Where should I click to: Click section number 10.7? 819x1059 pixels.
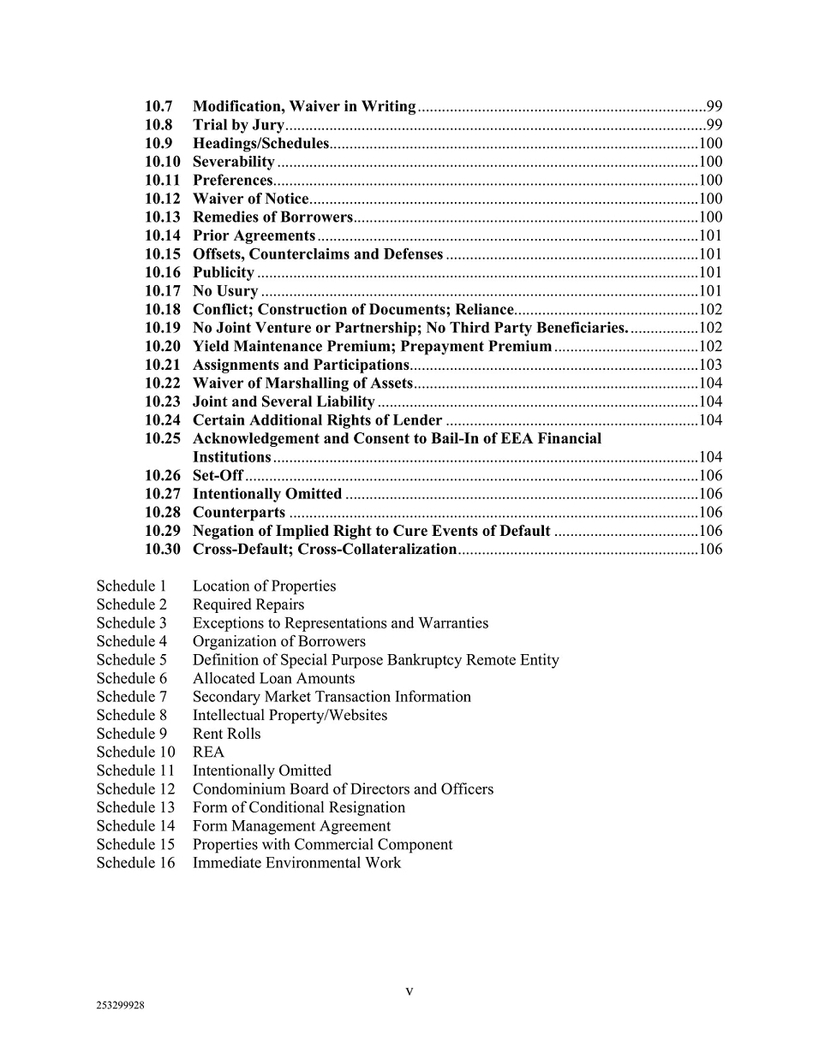(x=158, y=106)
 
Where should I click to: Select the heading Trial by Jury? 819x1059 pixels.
(x=238, y=125)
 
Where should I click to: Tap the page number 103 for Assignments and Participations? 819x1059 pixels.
(x=710, y=365)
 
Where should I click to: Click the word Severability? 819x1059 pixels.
(x=233, y=162)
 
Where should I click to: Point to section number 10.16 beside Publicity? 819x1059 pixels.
(x=162, y=272)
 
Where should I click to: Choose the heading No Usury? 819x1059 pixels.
(x=224, y=291)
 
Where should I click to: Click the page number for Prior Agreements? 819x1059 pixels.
(x=710, y=235)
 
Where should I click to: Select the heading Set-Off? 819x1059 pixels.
(x=218, y=475)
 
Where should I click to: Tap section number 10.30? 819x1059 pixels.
(x=162, y=549)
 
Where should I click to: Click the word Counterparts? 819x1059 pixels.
(x=238, y=512)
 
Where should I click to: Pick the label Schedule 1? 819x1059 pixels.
(x=131, y=586)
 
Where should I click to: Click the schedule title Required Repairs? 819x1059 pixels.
(x=248, y=604)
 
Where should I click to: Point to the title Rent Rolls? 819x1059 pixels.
(x=226, y=734)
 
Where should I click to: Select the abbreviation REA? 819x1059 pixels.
(x=208, y=752)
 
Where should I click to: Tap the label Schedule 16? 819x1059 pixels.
(x=135, y=862)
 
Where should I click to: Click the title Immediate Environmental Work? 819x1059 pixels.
(x=296, y=862)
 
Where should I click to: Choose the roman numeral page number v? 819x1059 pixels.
(x=409, y=991)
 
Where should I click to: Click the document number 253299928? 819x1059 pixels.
(x=120, y=1006)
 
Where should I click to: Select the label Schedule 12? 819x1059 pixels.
(x=135, y=788)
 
